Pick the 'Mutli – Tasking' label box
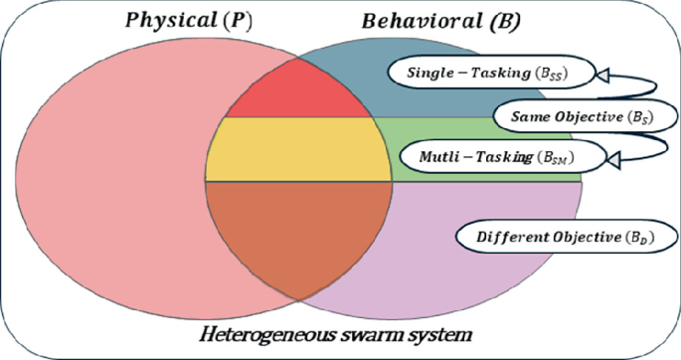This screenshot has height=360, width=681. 490,156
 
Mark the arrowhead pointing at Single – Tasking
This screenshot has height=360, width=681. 602,72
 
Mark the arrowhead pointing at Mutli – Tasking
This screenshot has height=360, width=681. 614,157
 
